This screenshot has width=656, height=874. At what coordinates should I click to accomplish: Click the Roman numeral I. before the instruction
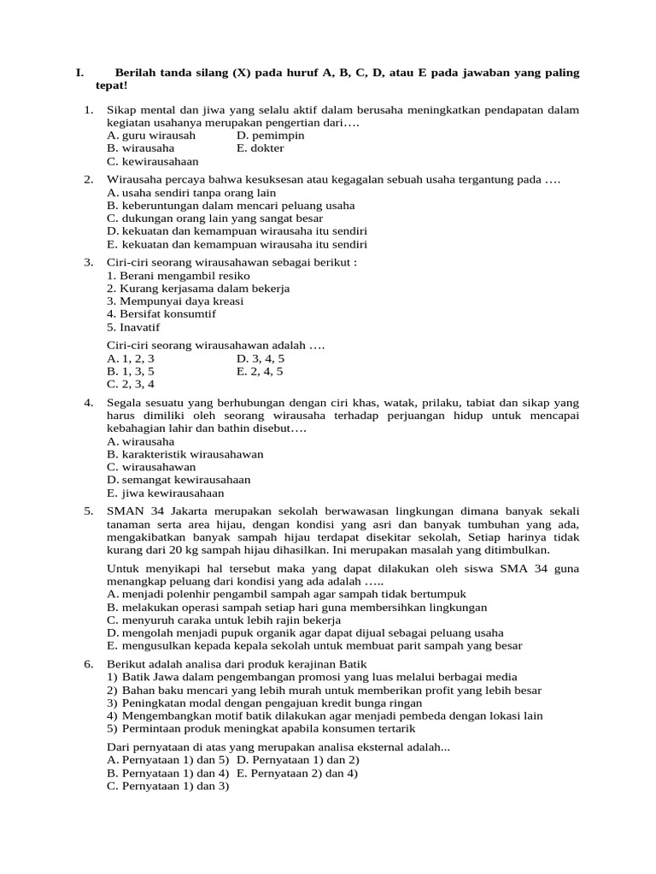(x=79, y=73)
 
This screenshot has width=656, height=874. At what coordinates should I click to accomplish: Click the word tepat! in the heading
(x=111, y=86)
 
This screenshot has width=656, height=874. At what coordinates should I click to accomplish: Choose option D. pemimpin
(x=271, y=135)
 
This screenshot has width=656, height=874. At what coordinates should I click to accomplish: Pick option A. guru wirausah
(x=151, y=135)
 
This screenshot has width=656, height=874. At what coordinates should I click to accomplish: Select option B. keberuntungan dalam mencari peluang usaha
(x=231, y=206)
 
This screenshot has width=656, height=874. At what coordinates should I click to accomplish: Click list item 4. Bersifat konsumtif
(x=161, y=313)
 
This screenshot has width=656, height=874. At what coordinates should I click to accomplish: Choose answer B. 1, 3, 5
(x=131, y=371)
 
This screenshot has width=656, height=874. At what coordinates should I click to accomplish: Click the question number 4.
(x=88, y=402)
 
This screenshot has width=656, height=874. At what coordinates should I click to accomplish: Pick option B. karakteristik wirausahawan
(x=185, y=454)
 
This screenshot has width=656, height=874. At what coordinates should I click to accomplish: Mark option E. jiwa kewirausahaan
(x=166, y=492)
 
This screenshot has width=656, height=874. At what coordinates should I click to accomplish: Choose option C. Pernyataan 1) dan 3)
(x=168, y=786)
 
